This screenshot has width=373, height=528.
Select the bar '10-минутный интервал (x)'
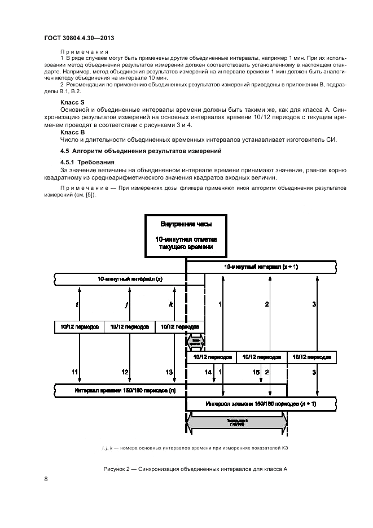122,279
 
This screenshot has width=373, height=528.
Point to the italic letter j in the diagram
125,305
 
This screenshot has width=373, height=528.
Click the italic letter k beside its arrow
170,305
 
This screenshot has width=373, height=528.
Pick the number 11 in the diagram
74,372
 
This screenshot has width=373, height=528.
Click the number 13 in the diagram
169,372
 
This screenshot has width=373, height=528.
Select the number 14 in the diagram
208,372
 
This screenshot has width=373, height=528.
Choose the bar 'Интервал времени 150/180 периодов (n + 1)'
260,404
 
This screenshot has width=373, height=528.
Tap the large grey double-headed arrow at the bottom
236,422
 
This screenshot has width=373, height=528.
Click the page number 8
45,479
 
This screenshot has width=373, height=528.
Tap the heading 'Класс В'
71,131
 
